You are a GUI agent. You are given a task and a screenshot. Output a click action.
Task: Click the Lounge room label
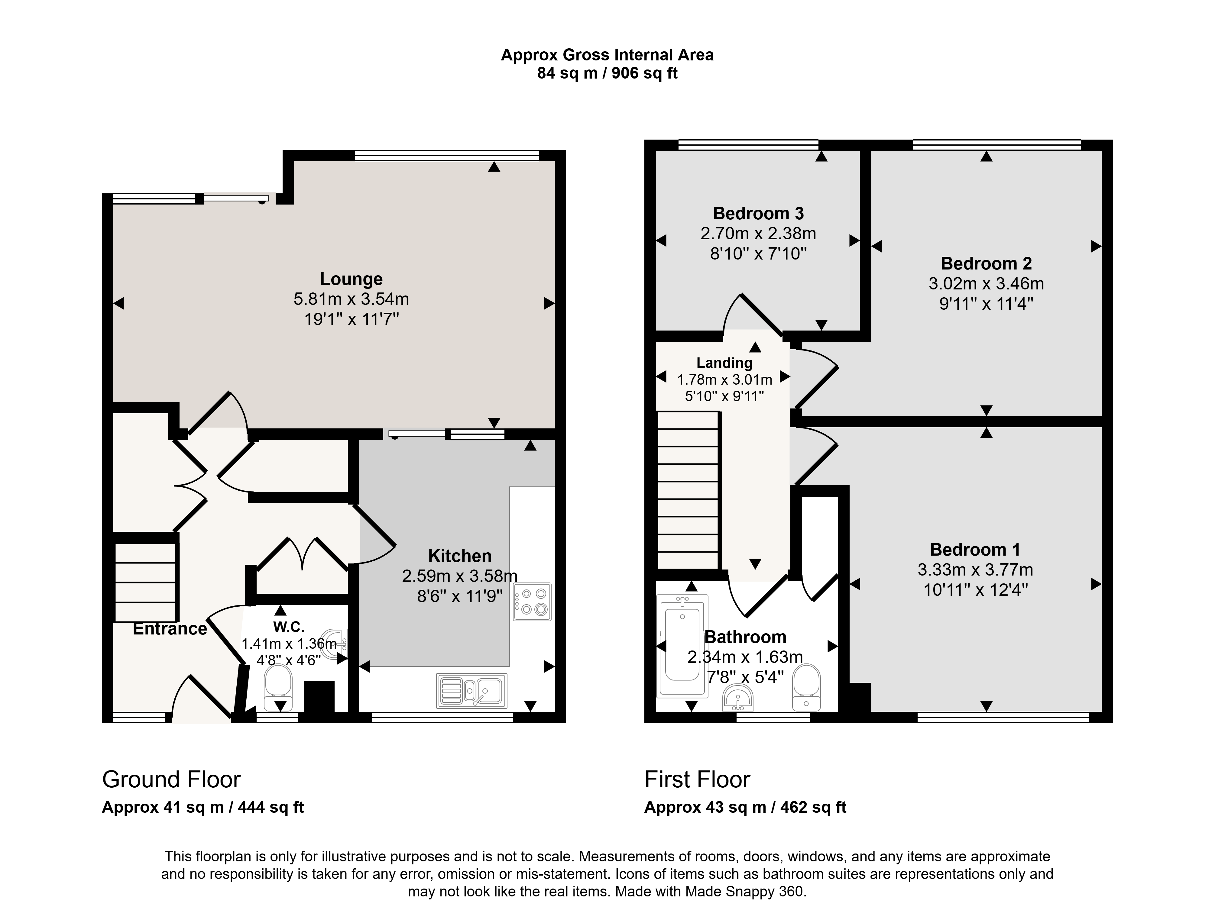point(351,279)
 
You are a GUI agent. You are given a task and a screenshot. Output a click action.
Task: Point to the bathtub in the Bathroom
point(682,646)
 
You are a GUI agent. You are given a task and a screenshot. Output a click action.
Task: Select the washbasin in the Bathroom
point(739,697)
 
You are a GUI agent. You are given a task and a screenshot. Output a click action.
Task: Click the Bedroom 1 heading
point(975,549)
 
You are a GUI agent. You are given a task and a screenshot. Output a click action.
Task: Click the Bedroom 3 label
point(758,213)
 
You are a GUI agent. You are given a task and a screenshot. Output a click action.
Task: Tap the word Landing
point(724,363)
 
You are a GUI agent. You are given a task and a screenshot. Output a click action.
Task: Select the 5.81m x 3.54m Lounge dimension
point(351,299)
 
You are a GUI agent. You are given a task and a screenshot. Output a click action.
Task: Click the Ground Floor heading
point(171,779)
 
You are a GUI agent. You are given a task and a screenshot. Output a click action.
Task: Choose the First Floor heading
point(697,779)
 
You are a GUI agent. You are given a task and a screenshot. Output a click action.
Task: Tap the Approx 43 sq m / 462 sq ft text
point(745,807)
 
